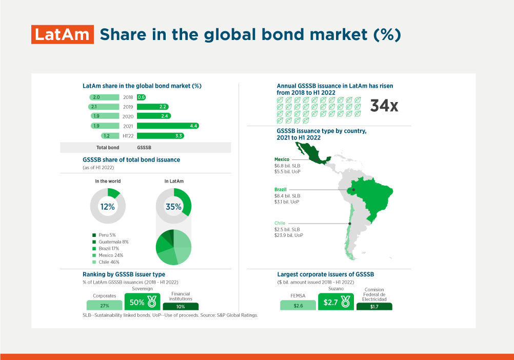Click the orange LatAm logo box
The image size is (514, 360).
63,34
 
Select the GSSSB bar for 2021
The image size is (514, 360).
168,126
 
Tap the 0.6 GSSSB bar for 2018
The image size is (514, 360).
141,97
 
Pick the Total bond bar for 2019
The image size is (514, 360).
104,107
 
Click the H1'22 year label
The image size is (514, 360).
128,136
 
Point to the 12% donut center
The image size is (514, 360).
108,207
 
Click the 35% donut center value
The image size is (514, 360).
173,207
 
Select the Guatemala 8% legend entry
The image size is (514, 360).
110,242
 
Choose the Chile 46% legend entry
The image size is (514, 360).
106,262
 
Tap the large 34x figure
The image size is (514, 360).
384,106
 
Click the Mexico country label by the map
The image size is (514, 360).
282,159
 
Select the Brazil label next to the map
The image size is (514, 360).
280,190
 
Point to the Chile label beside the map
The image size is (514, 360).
280,223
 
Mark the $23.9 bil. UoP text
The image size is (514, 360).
289,235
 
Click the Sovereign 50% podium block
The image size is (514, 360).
142,302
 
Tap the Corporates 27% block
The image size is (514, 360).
104,305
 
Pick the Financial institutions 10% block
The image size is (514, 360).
181,307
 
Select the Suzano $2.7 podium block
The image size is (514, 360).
336,302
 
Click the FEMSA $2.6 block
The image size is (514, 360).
298,305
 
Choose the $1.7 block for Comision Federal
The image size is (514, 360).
374,307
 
